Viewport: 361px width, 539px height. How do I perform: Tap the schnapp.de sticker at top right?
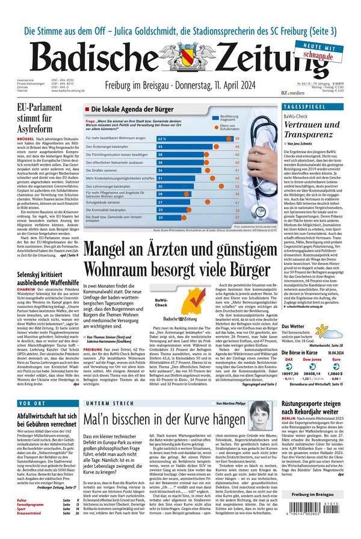[x=326, y=53]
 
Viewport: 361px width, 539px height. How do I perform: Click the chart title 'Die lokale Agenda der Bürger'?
[x=127, y=109]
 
